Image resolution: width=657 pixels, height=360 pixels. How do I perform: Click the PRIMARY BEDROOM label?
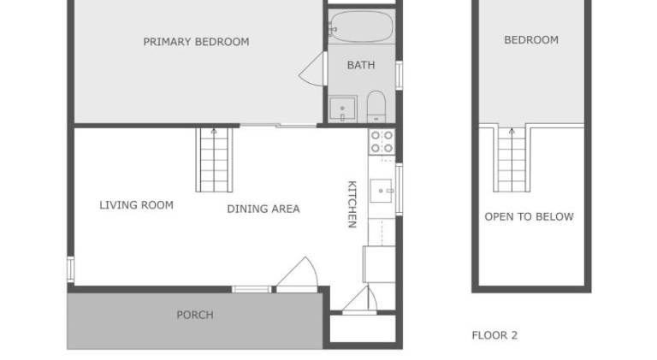pos(196,42)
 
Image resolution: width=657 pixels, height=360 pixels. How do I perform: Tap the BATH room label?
pos(361,65)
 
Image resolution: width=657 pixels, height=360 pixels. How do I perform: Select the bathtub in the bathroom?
pos(361,27)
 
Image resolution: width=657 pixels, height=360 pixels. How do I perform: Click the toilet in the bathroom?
pos(376,106)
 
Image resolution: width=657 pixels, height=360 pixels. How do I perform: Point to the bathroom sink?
pos(343,109)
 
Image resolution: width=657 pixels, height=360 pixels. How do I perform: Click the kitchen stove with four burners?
pos(382,141)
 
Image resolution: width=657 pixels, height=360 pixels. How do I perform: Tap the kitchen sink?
pos(381,191)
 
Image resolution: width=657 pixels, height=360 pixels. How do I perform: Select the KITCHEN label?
pos(352,204)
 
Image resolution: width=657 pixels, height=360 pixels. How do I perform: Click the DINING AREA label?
pos(263,209)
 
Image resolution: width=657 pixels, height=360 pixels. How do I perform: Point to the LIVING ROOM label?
pos(136,205)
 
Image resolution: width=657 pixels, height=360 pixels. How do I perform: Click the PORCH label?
pos(195,315)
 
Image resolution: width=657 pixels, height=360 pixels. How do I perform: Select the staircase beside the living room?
pos(214,160)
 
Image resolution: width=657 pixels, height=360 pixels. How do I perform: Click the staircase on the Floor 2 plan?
pos(512,160)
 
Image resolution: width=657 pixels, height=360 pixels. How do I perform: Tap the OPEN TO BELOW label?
pos(529,217)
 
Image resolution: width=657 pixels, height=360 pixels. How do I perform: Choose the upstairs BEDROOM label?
pos(531,40)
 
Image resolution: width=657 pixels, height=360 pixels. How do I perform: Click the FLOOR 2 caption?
pos(494,335)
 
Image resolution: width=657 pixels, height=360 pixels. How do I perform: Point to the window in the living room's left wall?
pos(70,269)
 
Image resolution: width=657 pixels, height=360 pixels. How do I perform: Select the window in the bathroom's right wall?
pos(399,75)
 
